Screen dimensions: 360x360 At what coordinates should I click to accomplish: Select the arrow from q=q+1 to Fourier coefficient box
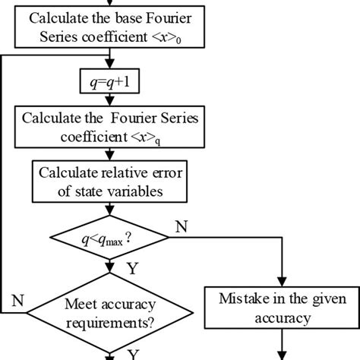point(112,99)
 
